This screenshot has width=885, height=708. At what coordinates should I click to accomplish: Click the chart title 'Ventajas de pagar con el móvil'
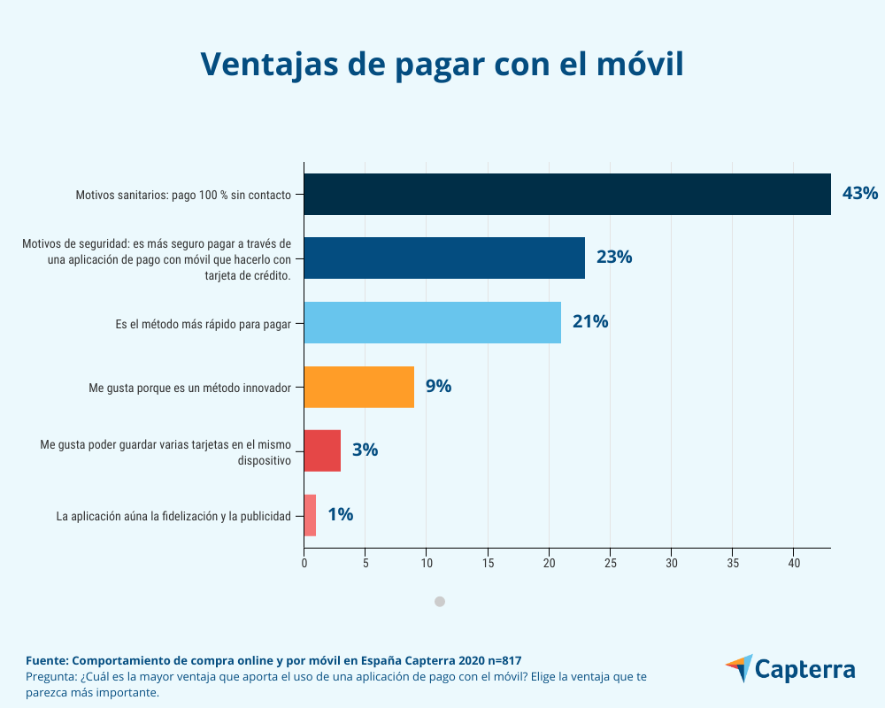tap(442, 64)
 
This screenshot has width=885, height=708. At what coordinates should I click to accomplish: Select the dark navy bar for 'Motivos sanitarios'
tap(566, 194)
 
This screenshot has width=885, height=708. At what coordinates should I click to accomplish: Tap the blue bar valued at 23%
tap(444, 258)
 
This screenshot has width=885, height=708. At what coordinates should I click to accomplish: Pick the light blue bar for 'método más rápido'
tap(432, 322)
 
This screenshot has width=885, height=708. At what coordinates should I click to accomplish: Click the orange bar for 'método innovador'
tap(358, 387)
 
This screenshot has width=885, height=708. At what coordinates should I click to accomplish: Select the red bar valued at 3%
tap(322, 450)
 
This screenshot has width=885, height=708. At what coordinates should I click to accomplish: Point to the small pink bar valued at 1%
tap(310, 515)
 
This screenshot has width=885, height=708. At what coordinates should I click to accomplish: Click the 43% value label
tap(859, 193)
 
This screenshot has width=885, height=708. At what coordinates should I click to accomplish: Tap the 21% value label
tap(589, 322)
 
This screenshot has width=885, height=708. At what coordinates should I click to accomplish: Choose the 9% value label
tap(438, 387)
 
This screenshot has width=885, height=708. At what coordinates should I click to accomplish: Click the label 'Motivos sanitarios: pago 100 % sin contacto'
tap(183, 194)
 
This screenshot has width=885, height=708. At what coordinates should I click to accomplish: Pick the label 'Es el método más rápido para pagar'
tap(204, 322)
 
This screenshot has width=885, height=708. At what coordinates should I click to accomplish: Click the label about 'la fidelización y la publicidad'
tap(173, 515)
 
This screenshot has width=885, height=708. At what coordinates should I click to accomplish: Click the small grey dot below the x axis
tap(440, 602)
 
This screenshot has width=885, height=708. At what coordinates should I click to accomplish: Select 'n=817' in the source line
tap(500, 660)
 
